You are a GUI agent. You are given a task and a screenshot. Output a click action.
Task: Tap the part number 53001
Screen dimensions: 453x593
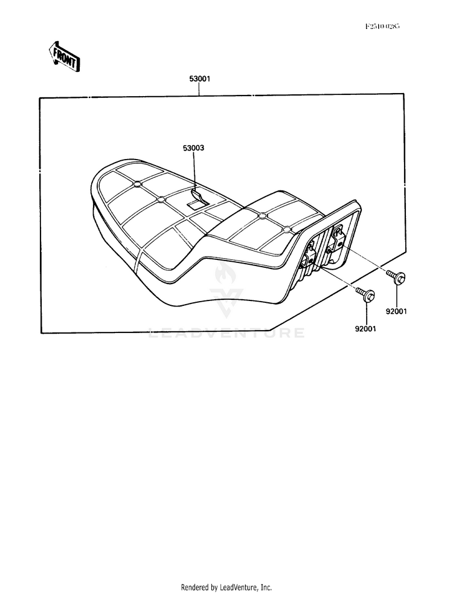[200, 79]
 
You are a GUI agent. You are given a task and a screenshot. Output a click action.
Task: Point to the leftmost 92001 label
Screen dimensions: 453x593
[367, 330]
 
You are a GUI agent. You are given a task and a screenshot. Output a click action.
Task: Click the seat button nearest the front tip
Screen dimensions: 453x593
[137, 183]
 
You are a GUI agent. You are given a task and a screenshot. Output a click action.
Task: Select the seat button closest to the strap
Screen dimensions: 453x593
[160, 199]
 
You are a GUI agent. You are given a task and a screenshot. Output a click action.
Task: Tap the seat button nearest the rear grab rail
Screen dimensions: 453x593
[286, 230]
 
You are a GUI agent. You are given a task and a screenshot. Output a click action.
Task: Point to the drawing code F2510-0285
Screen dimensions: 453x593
[382, 27]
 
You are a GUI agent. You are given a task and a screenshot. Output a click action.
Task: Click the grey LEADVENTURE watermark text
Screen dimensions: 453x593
[226, 332]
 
